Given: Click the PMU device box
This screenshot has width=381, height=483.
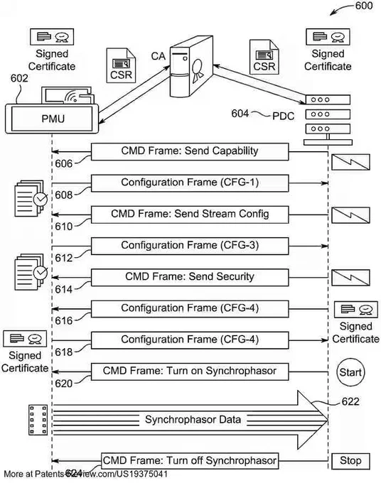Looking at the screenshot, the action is [x=52, y=119].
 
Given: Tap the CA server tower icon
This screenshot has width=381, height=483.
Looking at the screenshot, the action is [x=191, y=66].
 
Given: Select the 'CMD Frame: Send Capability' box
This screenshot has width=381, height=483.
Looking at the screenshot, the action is [x=190, y=151].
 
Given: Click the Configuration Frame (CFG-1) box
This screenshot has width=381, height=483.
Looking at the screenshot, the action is [x=190, y=183].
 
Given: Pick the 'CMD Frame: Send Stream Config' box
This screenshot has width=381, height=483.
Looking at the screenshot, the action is [x=190, y=215].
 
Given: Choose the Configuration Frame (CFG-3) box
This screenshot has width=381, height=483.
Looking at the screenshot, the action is [x=190, y=246].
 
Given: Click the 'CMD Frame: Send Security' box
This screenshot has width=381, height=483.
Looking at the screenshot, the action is [x=190, y=277].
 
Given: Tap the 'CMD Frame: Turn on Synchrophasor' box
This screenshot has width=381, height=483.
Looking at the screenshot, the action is [x=190, y=371].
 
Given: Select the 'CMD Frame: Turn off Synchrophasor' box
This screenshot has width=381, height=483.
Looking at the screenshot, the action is [x=190, y=461].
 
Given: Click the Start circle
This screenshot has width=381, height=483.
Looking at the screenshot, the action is [x=350, y=372].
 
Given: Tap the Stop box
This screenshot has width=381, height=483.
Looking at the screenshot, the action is [x=350, y=461].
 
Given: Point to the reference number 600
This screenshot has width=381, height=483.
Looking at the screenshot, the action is [x=364, y=6].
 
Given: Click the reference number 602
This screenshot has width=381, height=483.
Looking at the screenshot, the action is [x=19, y=78].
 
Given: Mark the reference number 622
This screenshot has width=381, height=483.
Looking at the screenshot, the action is [x=350, y=401].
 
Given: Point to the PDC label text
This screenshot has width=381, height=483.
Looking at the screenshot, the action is [x=284, y=116].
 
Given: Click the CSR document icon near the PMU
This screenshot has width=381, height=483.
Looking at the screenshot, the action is [x=121, y=65].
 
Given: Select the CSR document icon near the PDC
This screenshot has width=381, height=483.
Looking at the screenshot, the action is [x=264, y=57].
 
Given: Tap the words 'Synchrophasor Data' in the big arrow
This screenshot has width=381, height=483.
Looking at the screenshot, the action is [x=193, y=420].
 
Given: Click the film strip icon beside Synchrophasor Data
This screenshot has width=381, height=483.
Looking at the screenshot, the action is [x=38, y=420].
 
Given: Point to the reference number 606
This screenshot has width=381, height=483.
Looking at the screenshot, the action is [x=63, y=163].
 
